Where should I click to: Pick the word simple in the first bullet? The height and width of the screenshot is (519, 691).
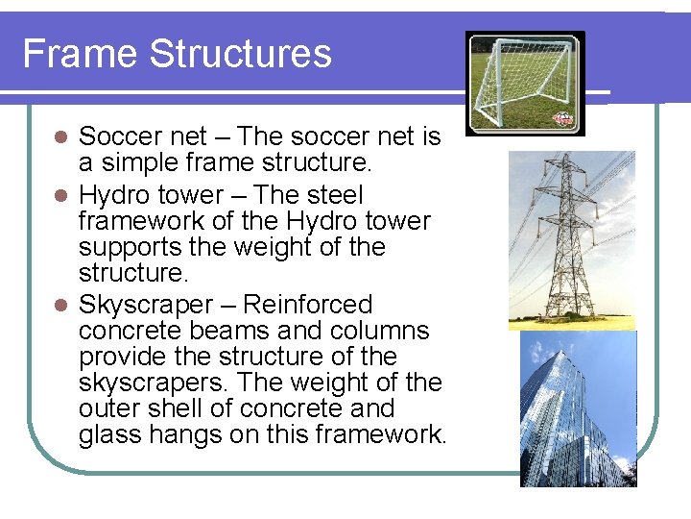point(147,163)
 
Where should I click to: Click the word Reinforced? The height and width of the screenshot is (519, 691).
point(307,305)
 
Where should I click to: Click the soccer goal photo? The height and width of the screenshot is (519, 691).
point(524,82)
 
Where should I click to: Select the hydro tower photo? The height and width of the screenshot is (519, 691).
point(570,240)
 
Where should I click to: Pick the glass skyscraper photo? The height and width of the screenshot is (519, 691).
point(578,408)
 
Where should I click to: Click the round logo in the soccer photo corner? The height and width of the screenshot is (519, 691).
point(561,120)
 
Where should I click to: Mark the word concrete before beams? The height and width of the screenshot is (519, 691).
point(131,331)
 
